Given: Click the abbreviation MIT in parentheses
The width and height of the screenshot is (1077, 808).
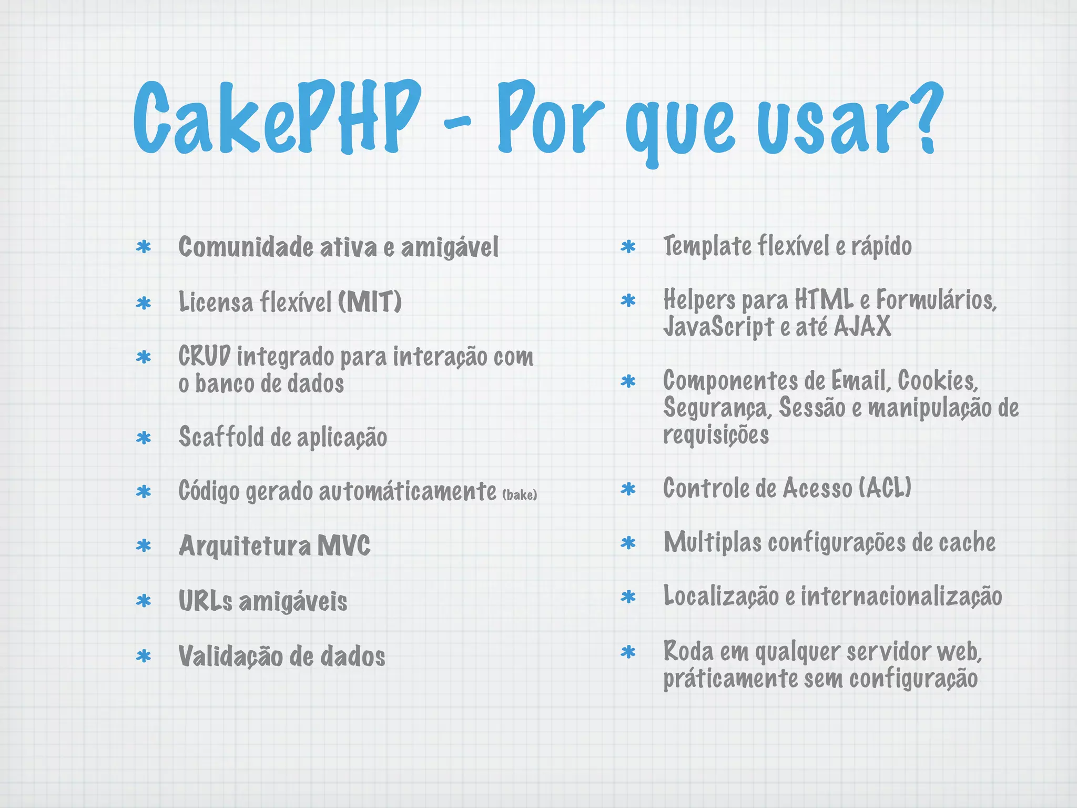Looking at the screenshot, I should coord(370,302).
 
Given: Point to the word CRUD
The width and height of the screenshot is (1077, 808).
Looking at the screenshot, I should coord(204,356).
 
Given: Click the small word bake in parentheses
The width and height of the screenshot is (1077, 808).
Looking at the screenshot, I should coord(520,495).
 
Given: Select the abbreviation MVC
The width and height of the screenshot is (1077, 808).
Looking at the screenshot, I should coord(344,546).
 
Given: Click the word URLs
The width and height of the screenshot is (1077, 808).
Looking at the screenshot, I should coord(205,601).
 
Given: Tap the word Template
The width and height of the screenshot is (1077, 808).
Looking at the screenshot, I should coord(707,246).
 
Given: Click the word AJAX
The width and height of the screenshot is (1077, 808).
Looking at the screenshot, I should coord(862,326).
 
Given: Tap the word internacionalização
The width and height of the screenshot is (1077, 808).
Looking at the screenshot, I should coord(901,596).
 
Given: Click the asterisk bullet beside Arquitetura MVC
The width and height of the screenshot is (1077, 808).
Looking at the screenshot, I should coord(144,546).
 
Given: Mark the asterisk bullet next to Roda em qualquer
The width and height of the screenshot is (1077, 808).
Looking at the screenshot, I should coord(628,652).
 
